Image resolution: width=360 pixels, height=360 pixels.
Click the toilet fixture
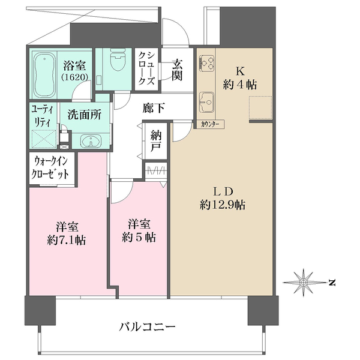click(118, 59)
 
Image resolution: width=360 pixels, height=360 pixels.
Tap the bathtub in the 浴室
click(44, 75)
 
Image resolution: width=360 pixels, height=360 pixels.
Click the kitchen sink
click(206, 102)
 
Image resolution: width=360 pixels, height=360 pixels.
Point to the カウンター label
click(209, 124)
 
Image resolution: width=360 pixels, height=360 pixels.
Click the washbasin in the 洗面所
click(91, 141)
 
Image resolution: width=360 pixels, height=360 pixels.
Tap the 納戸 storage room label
click(156, 141)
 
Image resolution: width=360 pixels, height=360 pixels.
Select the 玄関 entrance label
click(177, 70)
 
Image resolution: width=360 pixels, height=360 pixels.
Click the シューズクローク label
click(146, 69)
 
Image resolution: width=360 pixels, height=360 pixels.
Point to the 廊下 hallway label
click(154, 108)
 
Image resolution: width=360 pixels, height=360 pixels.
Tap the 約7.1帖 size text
click(67, 241)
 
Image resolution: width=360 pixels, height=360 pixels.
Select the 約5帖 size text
click(139, 238)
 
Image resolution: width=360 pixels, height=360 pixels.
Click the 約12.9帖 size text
click(222, 205)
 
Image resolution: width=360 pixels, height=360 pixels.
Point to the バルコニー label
click(147, 326)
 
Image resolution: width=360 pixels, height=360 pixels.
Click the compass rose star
click(304, 282)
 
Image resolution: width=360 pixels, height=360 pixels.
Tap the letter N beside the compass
click(332, 282)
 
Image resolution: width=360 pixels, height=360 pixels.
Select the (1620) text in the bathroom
click(74, 77)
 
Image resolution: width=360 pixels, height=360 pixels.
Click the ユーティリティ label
click(42, 116)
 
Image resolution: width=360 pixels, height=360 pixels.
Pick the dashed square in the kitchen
click(260, 107)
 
